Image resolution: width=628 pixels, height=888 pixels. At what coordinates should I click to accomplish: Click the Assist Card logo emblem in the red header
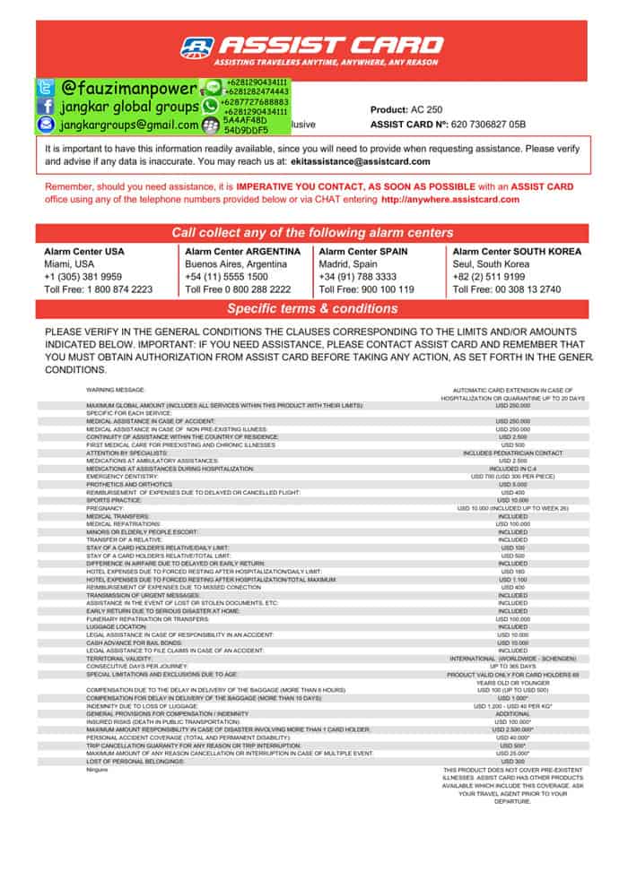[x=197, y=47]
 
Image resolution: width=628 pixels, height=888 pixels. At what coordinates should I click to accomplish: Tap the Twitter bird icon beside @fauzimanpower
[x=46, y=89]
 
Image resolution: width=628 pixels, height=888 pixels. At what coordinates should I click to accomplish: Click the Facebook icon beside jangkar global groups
[x=46, y=106]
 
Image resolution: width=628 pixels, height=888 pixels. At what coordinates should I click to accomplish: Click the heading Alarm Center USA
[x=84, y=252]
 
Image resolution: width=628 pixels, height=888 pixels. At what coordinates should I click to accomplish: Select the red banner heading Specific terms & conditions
[x=312, y=308]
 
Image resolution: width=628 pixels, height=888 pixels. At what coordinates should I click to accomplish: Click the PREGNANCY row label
[x=105, y=508]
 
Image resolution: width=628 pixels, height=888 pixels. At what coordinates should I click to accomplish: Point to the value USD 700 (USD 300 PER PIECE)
[x=513, y=476]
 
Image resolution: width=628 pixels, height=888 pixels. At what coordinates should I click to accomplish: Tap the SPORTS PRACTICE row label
[x=113, y=500]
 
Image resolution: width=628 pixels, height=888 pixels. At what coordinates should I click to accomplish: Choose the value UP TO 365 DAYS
[x=513, y=666]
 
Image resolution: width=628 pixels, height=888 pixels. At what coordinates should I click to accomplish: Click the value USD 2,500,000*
[x=513, y=729]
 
